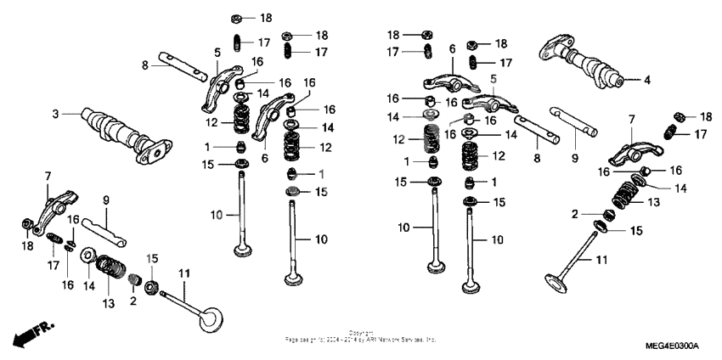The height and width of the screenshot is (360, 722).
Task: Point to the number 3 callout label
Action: tap(55, 113)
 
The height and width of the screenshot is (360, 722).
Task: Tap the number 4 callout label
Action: tap(646, 81)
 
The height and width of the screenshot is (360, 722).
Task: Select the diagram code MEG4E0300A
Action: tap(671, 346)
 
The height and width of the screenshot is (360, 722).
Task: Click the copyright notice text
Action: tap(360, 337)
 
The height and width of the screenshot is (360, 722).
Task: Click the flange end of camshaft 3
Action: tap(156, 154)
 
